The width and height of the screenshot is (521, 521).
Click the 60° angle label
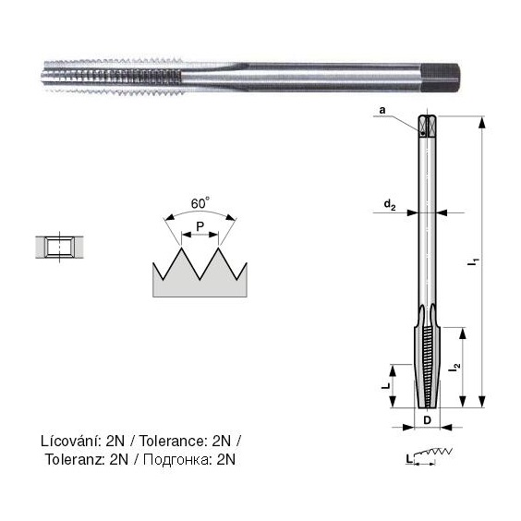click(200, 203)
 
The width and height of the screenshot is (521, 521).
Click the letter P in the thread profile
click(200, 226)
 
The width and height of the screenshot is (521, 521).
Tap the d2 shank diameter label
click(390, 205)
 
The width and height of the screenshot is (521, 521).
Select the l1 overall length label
click(473, 261)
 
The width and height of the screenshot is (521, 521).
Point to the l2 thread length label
click(454, 368)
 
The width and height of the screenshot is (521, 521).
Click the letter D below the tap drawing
click(428, 420)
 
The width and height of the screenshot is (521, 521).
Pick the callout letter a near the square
click(382, 110)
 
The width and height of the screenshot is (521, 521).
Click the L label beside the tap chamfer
click(386, 386)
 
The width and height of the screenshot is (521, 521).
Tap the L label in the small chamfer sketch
click(409, 459)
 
